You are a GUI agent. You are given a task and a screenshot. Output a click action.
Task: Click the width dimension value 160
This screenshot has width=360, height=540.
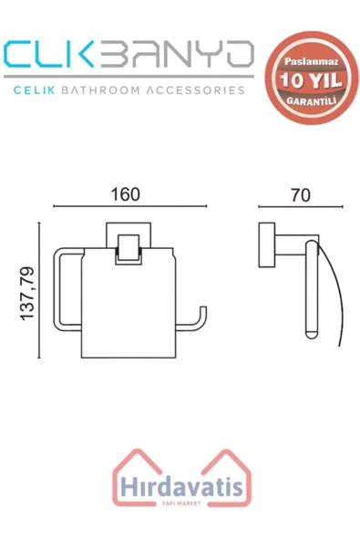[x=125, y=194]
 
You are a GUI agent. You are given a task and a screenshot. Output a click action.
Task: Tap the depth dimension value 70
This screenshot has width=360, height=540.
[x=301, y=195]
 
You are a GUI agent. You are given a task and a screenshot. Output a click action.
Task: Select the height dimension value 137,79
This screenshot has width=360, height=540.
[x=27, y=294]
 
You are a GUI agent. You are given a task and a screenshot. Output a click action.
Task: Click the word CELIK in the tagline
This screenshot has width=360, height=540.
[x=34, y=90]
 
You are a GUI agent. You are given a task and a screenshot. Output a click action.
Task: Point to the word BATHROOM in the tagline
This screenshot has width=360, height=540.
[x=100, y=90]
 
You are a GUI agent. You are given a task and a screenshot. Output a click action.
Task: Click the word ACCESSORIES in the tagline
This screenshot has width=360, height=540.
[x=195, y=90]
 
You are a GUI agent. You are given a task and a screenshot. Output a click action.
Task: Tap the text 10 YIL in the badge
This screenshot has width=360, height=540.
[x=311, y=80]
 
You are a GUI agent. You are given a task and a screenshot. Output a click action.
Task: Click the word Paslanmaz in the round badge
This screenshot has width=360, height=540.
[x=312, y=62]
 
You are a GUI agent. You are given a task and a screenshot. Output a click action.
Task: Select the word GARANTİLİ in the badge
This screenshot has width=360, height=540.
[x=312, y=100]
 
